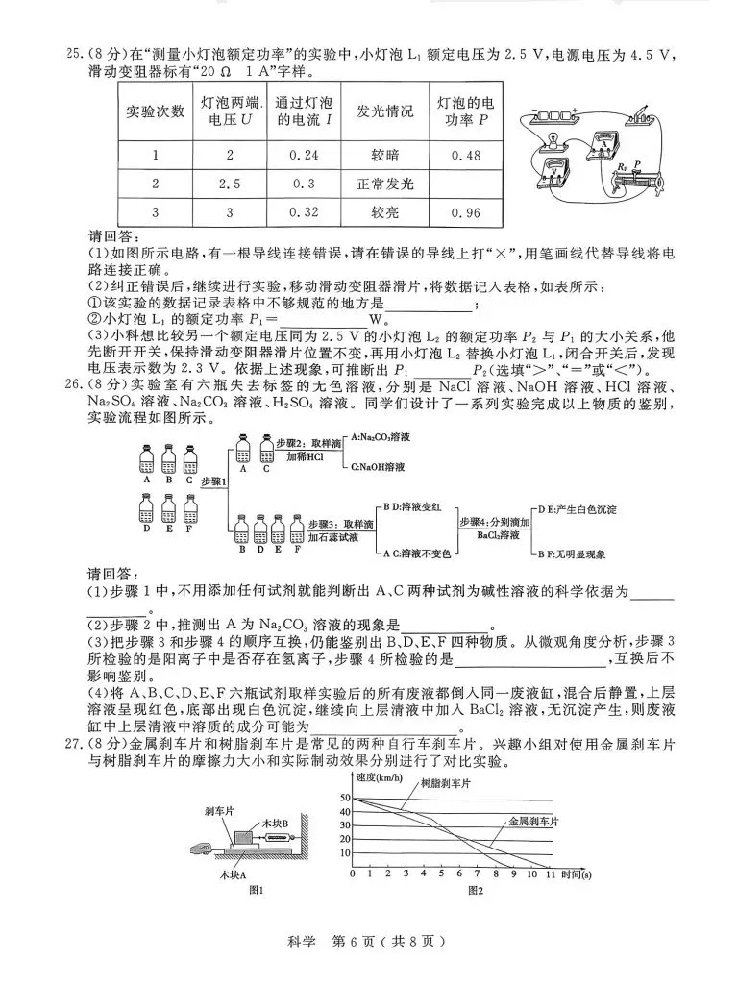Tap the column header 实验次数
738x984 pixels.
click(156, 111)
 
